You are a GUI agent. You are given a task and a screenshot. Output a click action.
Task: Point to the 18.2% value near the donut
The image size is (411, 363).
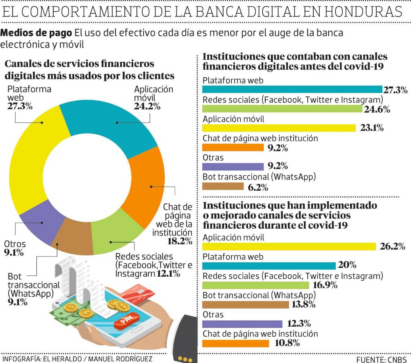179,241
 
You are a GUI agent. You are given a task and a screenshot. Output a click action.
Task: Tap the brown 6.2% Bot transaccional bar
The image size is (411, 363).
222,186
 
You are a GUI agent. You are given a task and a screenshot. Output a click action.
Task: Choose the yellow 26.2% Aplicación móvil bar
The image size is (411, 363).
289,246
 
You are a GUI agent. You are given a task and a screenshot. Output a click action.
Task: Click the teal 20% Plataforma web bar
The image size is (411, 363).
268,265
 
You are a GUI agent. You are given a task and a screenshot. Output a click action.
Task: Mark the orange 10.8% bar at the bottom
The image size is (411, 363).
235,343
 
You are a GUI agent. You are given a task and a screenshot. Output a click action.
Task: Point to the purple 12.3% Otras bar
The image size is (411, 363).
242,324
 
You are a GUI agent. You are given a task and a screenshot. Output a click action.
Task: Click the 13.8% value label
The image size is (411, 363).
303,305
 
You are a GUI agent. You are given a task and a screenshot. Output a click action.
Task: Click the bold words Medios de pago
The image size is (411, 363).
37,33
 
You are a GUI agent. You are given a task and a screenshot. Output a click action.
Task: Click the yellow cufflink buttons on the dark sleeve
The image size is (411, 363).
185,359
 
